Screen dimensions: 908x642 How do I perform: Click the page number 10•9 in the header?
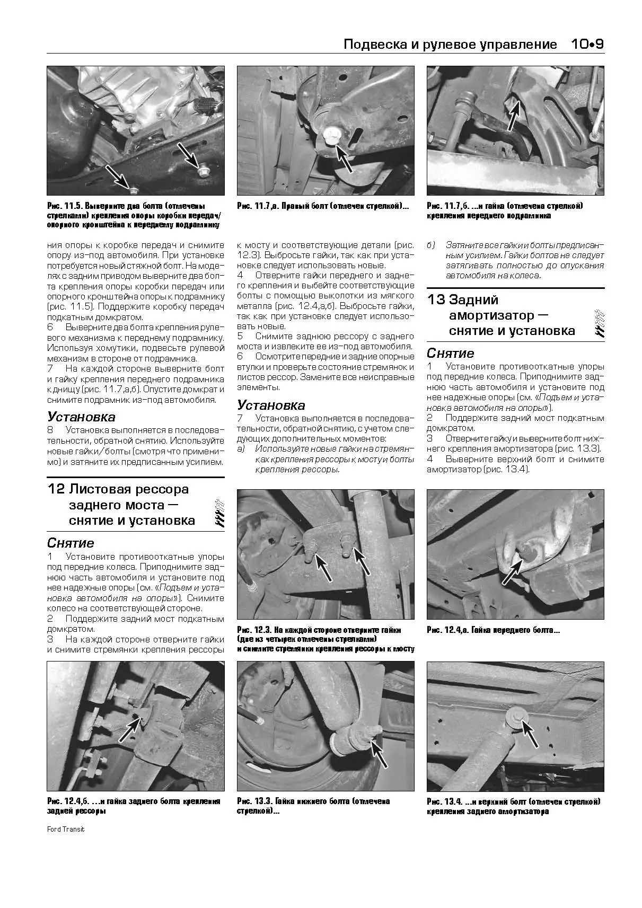coord(587,44)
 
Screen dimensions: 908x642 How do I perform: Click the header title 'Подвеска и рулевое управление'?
coord(450,44)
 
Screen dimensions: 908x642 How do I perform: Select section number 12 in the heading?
coord(56,489)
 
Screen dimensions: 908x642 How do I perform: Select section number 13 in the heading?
coord(436,299)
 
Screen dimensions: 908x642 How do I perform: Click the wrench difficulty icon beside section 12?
coord(219,512)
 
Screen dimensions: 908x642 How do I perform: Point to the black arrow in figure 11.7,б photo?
coord(514,115)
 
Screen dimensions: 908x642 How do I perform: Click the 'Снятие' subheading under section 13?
coord(450,353)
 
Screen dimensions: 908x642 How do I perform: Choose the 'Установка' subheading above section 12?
coord(81,417)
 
